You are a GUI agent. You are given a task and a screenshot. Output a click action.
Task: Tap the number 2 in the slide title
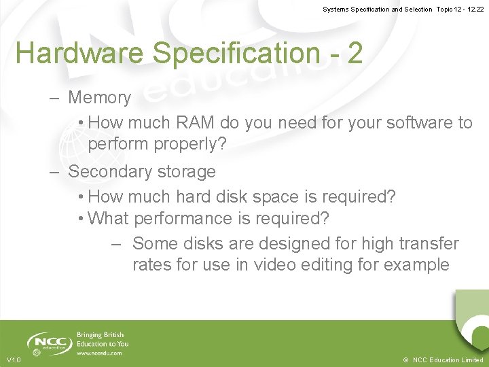click(x=355, y=52)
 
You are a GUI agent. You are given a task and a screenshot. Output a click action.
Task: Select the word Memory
click(x=99, y=98)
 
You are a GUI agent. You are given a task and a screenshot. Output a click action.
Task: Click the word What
click(x=109, y=219)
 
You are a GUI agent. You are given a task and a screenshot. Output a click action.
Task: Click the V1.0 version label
click(x=14, y=360)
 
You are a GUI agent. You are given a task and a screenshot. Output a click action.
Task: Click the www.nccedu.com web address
click(x=99, y=353)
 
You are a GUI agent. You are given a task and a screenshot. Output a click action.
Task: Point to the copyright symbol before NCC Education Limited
click(x=405, y=360)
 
